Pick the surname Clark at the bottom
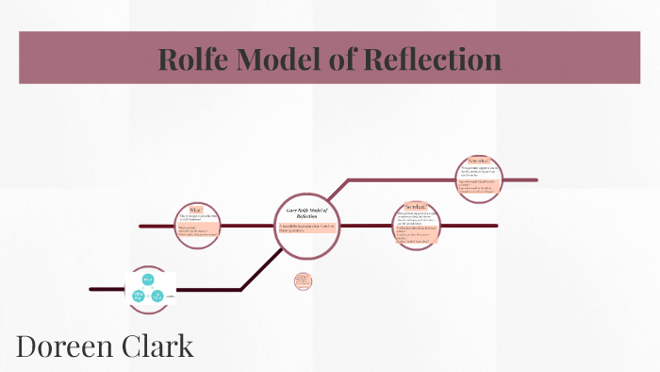(x=159, y=346)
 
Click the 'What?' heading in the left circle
(x=197, y=210)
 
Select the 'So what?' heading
(x=416, y=207)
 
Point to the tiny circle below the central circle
(x=303, y=281)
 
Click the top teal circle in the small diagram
(x=148, y=279)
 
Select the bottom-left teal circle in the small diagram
(x=139, y=296)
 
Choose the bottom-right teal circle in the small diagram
(x=157, y=296)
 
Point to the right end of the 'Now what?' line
(x=535, y=179)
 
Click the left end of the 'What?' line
(x=141, y=227)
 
